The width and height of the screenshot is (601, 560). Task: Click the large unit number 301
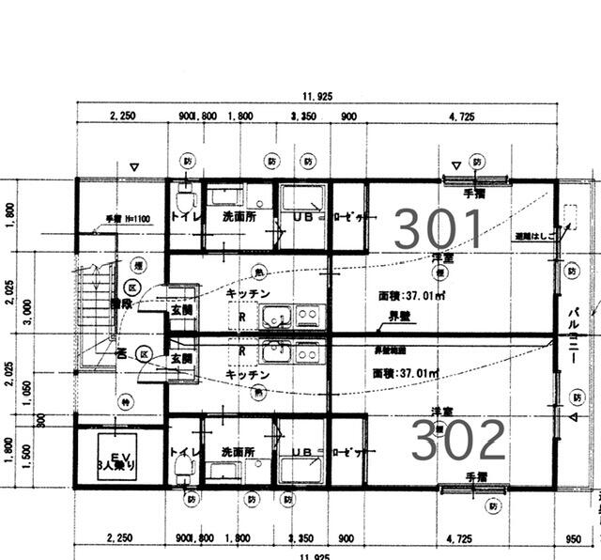click(438, 228)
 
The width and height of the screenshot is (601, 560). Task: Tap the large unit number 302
click(458, 439)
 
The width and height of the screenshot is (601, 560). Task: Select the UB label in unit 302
click(301, 452)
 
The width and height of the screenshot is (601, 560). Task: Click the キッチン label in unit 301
click(249, 293)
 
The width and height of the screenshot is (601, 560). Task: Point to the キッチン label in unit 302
click(249, 374)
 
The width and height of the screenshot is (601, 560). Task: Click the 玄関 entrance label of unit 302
click(182, 358)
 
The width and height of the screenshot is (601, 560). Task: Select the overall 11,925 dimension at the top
click(317, 96)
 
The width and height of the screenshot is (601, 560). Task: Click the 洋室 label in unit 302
click(442, 412)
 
